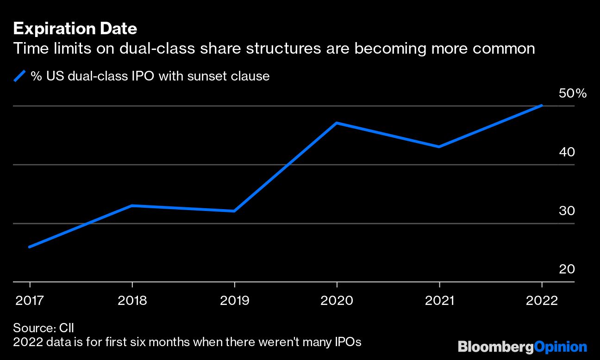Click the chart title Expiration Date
coord(75,29)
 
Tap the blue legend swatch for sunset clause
coord(20,76)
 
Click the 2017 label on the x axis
coord(30,301)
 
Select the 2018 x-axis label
coord(132,301)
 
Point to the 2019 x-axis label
coord(234,301)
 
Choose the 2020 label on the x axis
coord(337,301)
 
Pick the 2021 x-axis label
coord(439,301)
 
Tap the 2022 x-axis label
coord(541,301)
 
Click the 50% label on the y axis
coord(573,93)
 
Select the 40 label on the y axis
coord(567,152)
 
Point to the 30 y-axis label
coord(567,211)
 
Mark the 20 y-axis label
coord(567,269)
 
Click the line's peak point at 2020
coord(337,123)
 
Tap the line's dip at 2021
coord(439,147)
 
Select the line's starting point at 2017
coord(30,247)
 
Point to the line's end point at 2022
coord(541,106)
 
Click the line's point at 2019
coord(234,211)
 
